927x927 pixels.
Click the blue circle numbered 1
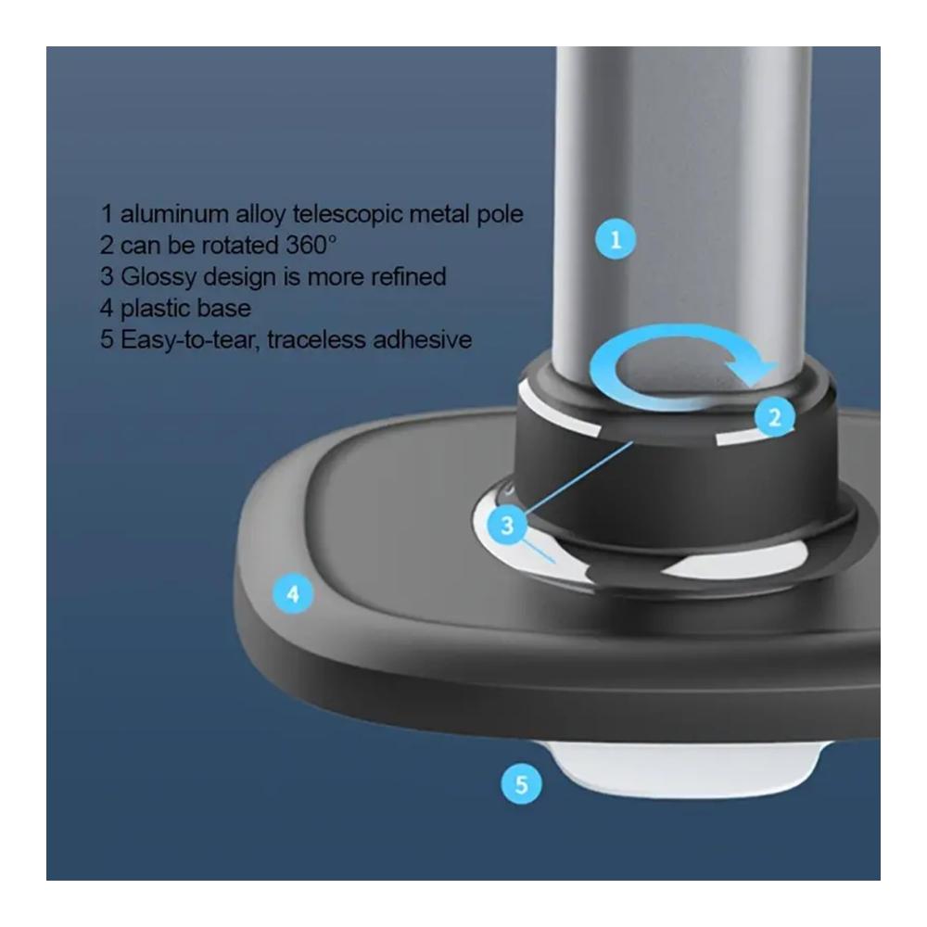616,239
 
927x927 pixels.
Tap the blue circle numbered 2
774,417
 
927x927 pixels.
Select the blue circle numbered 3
507,525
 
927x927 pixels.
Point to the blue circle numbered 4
293,593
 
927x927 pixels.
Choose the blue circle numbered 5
521,784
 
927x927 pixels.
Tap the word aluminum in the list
174,213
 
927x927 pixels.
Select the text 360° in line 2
311,245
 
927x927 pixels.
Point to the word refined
409,276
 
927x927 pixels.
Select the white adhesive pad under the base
686,768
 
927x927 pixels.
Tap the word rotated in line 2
241,246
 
